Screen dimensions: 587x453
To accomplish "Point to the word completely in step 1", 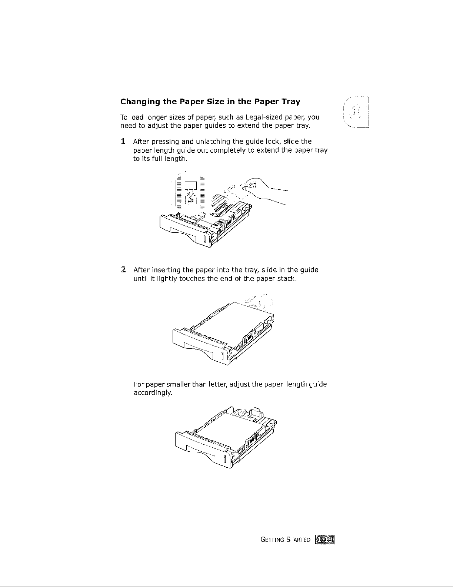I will click(x=233, y=150).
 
